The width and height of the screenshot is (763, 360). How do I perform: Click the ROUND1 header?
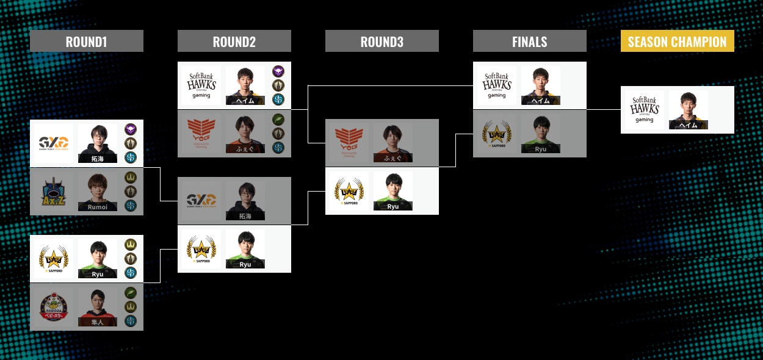(x=86, y=41)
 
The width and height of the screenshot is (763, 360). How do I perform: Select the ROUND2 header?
(x=234, y=41)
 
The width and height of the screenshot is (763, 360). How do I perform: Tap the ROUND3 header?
(x=382, y=41)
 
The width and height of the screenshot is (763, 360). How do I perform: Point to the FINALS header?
(x=529, y=41)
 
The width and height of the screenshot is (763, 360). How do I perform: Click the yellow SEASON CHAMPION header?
(x=677, y=41)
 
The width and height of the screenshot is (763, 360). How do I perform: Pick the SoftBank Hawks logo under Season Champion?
(x=642, y=110)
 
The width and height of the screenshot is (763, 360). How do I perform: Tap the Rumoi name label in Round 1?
(x=98, y=207)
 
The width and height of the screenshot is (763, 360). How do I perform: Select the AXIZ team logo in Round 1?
(x=52, y=192)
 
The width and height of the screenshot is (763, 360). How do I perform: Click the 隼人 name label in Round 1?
(x=98, y=322)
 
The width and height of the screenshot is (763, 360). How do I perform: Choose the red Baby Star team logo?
(x=52, y=307)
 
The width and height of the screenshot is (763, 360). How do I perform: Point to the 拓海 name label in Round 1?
(x=98, y=159)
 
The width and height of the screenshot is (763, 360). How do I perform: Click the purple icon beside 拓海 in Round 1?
(x=131, y=129)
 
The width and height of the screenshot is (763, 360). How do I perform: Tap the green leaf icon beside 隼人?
(x=131, y=293)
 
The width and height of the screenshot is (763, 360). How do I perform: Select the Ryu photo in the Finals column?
(x=541, y=134)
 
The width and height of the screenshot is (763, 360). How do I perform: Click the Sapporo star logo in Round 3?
(x=349, y=191)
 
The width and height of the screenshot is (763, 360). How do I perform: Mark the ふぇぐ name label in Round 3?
(x=392, y=158)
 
